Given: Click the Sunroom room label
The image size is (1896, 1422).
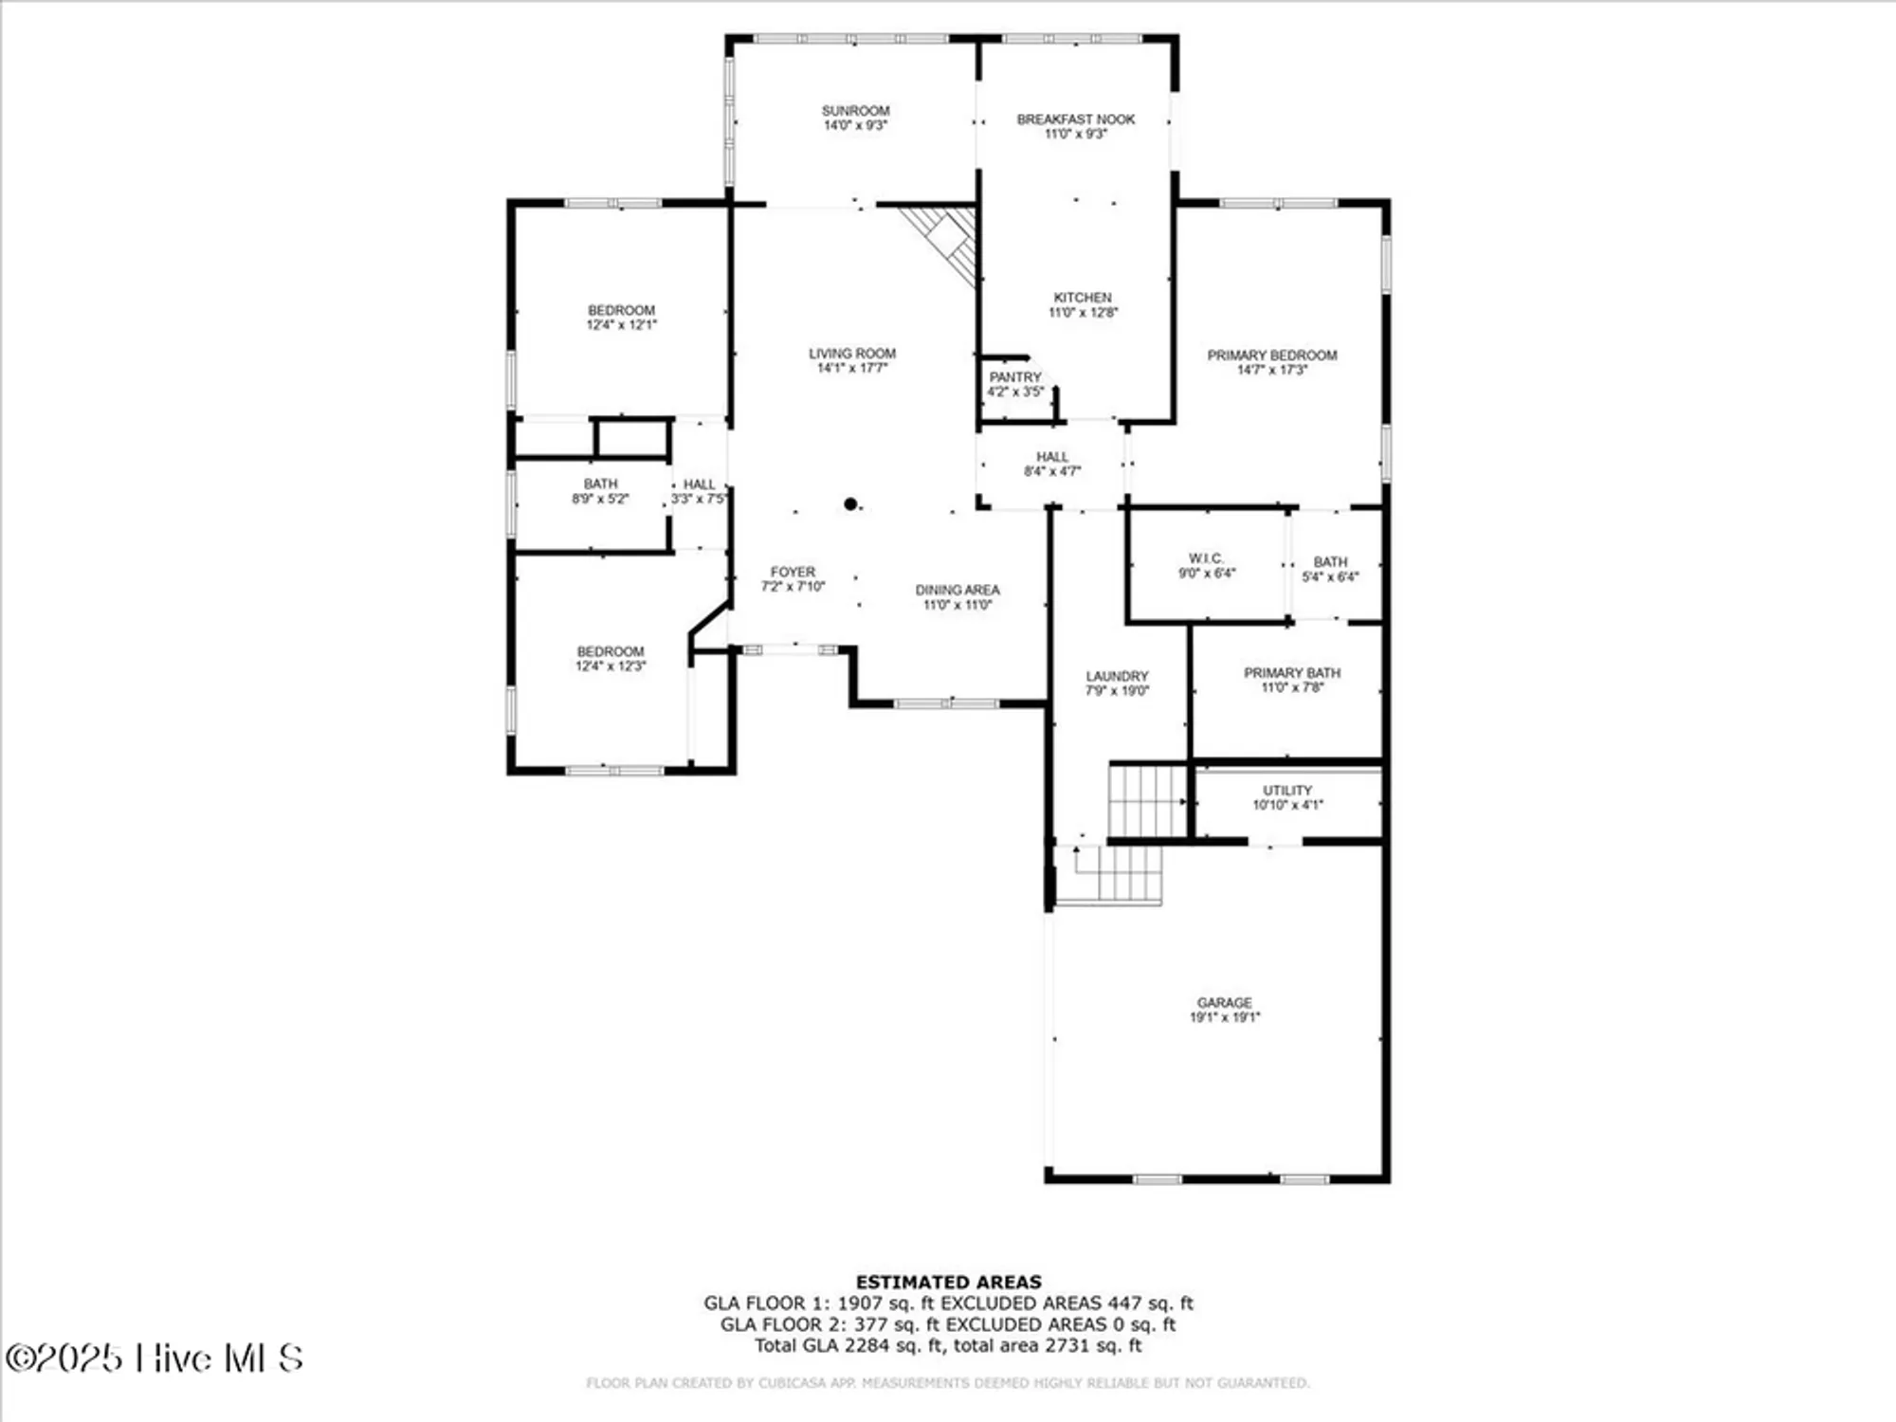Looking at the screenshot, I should [855, 111].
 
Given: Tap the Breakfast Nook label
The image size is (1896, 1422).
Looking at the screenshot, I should [1075, 119].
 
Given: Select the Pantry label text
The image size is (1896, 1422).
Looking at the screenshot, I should [1014, 377].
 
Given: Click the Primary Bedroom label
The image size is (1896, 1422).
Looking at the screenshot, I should [1271, 355].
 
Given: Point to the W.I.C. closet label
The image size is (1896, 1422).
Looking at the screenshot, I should [1206, 558].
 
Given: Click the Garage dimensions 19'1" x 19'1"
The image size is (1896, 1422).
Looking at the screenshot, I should [1224, 1017].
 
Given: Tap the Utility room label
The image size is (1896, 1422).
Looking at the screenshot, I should [1286, 791].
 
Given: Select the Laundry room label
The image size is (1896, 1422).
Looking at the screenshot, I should [1117, 676].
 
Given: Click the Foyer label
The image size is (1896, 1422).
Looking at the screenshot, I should [793, 572].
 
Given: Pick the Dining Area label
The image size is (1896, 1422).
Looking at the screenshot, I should [957, 590].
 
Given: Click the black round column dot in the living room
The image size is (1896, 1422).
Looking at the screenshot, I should [850, 504].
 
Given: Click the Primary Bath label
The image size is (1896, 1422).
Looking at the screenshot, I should [1291, 673].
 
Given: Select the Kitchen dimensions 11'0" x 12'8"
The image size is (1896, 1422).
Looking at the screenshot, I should [1083, 312].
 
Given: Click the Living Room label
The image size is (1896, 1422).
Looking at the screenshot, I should [851, 354].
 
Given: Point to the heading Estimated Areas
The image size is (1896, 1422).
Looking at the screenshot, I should [948, 1282].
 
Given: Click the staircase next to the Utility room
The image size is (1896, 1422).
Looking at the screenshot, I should [1147, 802].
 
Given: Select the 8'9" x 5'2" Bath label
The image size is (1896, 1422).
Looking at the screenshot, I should [599, 492].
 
